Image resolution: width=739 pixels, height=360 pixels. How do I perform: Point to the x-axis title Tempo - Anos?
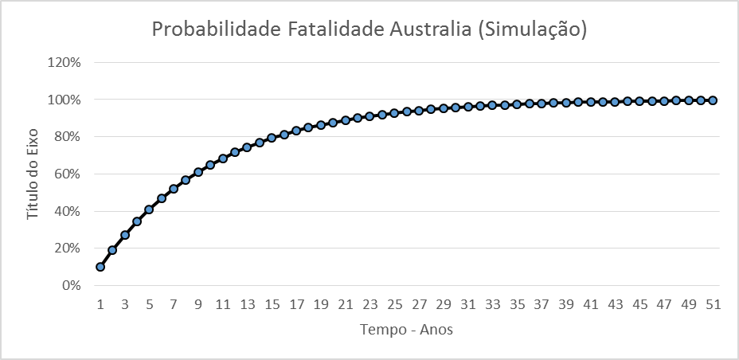tap(406, 328)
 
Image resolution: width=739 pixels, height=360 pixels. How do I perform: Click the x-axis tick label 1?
tap(100, 303)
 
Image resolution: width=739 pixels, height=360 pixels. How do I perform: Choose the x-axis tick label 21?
tap(346, 303)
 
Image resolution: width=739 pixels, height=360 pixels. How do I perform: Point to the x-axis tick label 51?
tap(713, 303)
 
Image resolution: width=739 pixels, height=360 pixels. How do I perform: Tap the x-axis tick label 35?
tap(517, 303)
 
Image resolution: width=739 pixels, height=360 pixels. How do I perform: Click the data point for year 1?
tap(100, 267)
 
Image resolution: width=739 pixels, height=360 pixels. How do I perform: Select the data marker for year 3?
tap(125, 235)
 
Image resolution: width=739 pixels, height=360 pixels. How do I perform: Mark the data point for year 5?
tap(149, 209)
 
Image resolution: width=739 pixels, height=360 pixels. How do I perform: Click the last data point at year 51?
tap(713, 100)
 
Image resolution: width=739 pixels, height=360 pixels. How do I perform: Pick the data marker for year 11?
tap(223, 158)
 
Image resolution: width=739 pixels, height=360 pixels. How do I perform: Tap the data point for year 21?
tap(346, 120)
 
